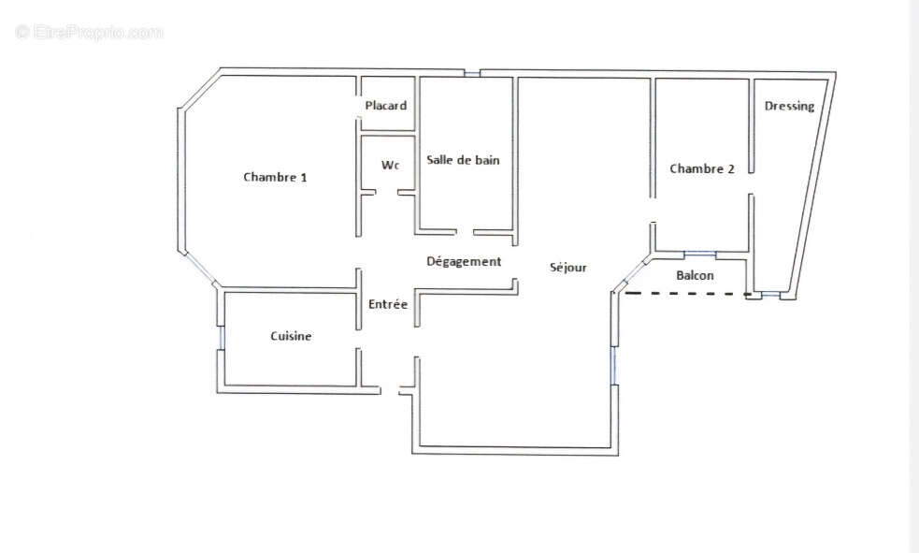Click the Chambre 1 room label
point(275,177)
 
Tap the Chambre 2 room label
point(701,168)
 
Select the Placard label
point(386,106)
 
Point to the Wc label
point(390,165)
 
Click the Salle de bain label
point(463,160)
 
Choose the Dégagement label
point(464,262)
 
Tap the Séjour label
point(568,268)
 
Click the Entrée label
point(388,304)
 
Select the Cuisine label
point(291,336)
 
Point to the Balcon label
point(695,275)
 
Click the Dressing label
point(789,106)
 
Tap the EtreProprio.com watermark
point(89,33)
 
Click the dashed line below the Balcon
point(687,295)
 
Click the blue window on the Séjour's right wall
point(614,364)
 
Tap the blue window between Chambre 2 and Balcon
point(699,254)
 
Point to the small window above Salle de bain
point(472,73)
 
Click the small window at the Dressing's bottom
point(770,296)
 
